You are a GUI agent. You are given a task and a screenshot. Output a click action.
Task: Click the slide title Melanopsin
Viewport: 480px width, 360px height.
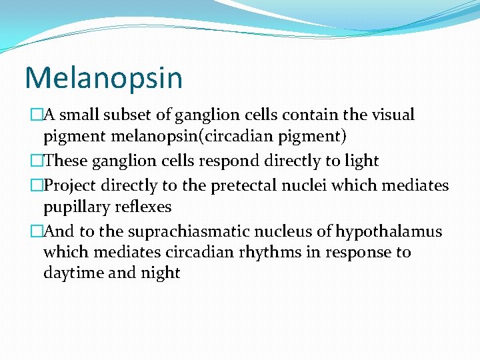click(103, 77)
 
